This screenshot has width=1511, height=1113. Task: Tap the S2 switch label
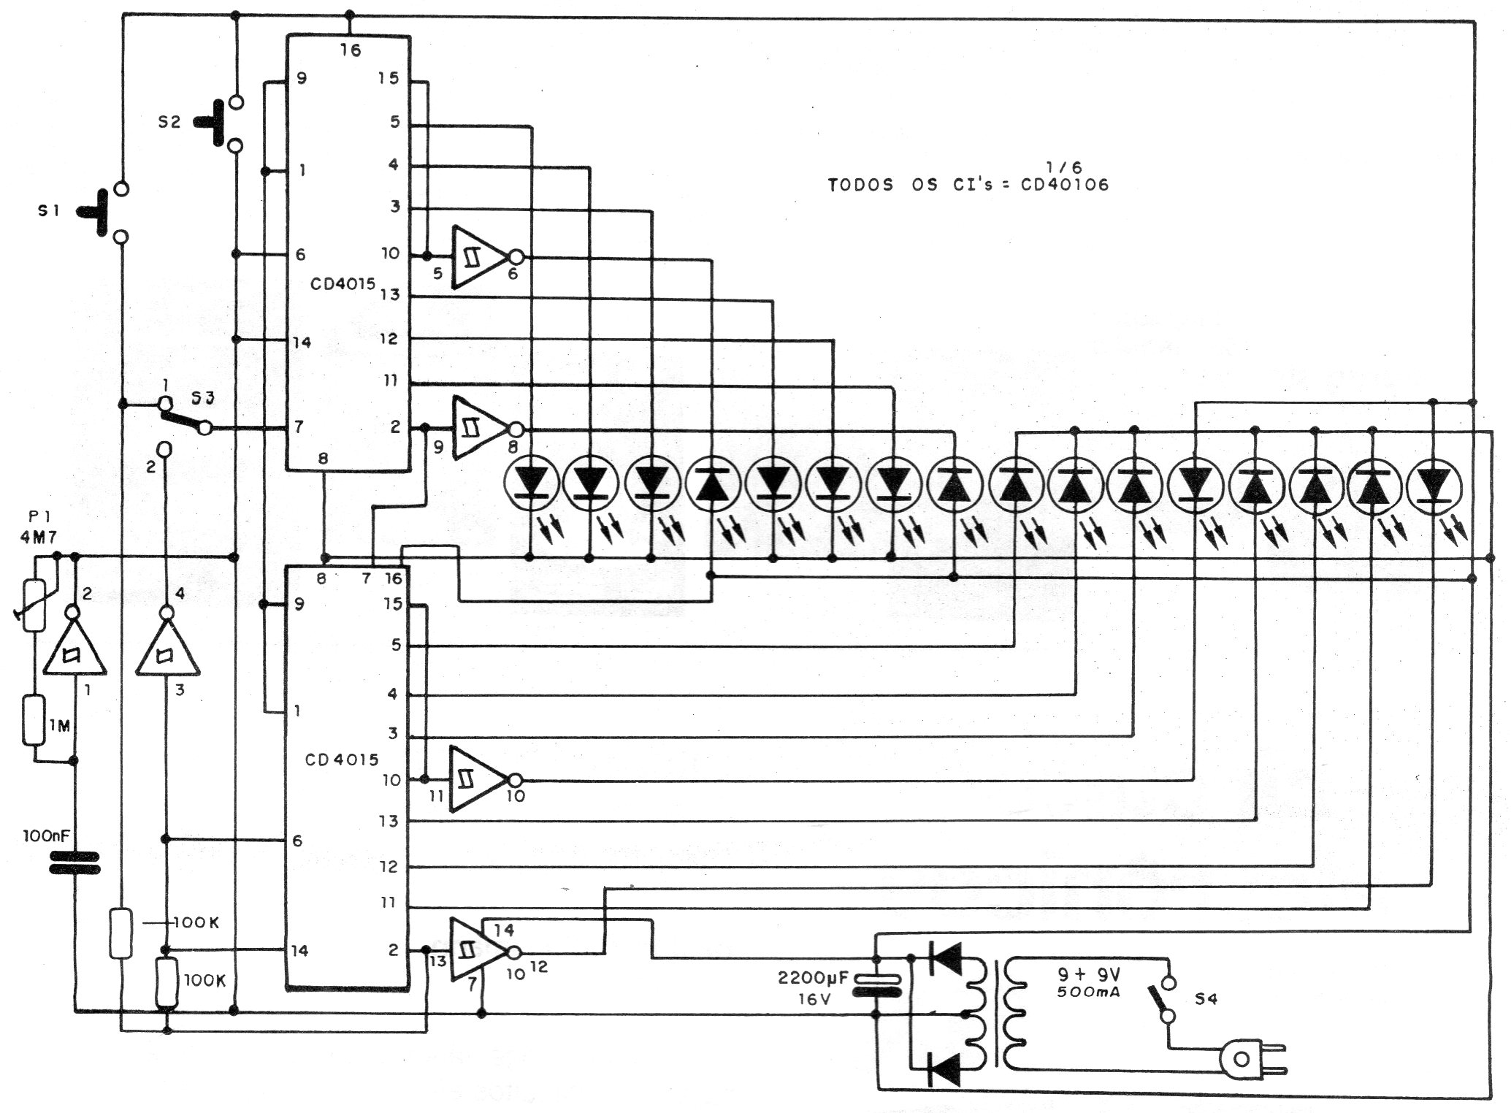tap(169, 122)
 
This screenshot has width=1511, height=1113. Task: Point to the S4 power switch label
tap(1206, 999)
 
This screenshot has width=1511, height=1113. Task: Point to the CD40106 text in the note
tap(1064, 185)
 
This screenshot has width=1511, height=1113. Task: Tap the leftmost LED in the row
tap(532, 483)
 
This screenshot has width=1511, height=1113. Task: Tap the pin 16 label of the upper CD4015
tap(350, 50)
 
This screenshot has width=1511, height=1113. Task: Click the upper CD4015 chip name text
tap(343, 284)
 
